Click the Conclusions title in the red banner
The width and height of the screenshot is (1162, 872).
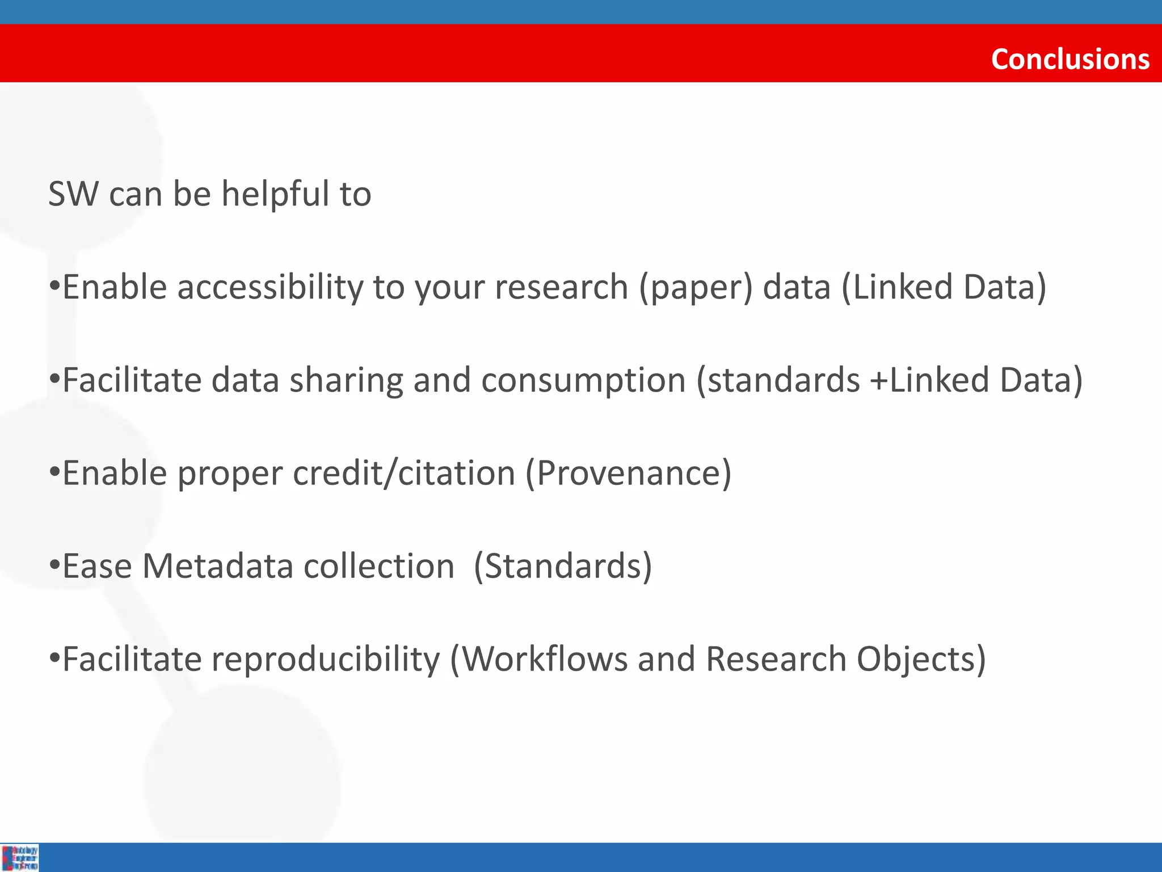1070,59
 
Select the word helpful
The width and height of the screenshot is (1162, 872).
275,194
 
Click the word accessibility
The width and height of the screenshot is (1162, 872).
270,287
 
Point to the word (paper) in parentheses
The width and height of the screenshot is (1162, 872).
696,287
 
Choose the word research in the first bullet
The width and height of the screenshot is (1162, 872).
562,287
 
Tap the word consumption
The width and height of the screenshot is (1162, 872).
584,380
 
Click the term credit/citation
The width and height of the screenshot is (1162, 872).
403,473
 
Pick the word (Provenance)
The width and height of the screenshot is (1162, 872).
629,473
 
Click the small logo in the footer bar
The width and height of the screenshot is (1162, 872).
20,858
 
